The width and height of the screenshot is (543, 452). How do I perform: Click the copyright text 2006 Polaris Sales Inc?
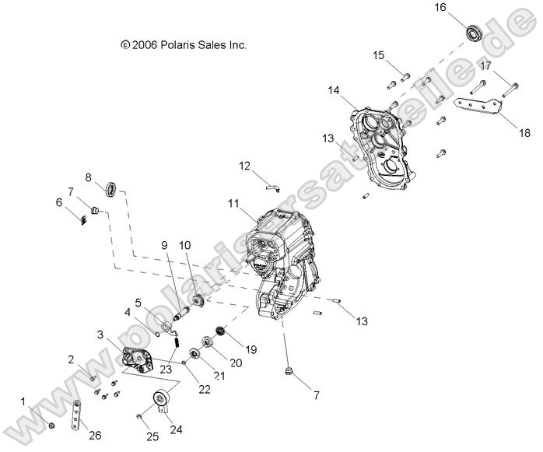(x=184, y=46)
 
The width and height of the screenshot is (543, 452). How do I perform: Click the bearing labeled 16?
(x=475, y=34)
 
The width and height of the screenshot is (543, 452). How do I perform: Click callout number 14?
(x=333, y=91)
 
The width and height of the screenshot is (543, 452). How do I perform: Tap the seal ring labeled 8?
(x=112, y=187)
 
